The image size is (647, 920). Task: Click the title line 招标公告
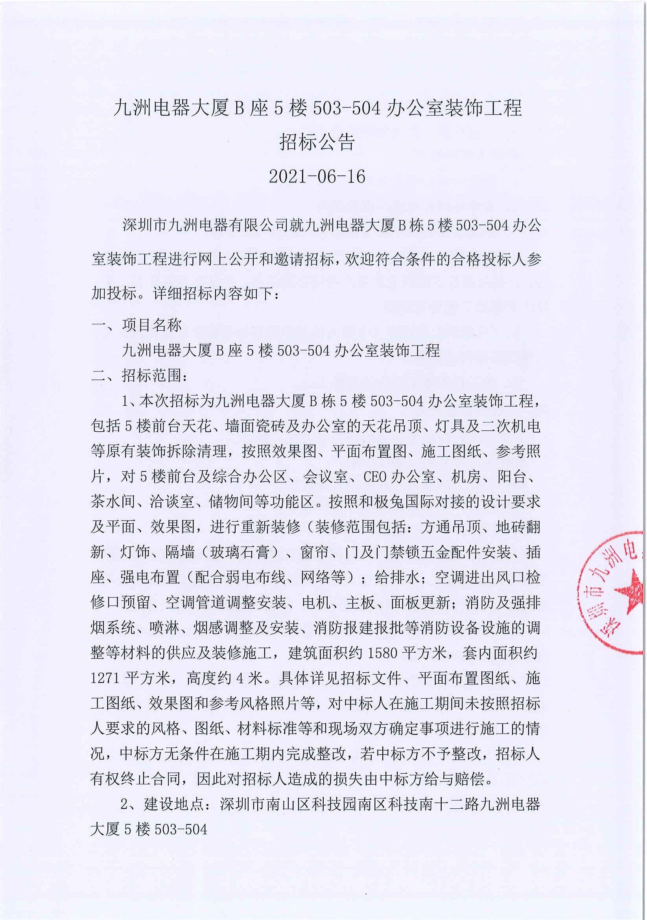point(317,142)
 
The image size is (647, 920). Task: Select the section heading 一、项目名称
point(136,325)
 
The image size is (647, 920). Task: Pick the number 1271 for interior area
point(105,678)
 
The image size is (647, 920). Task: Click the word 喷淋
point(164,628)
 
